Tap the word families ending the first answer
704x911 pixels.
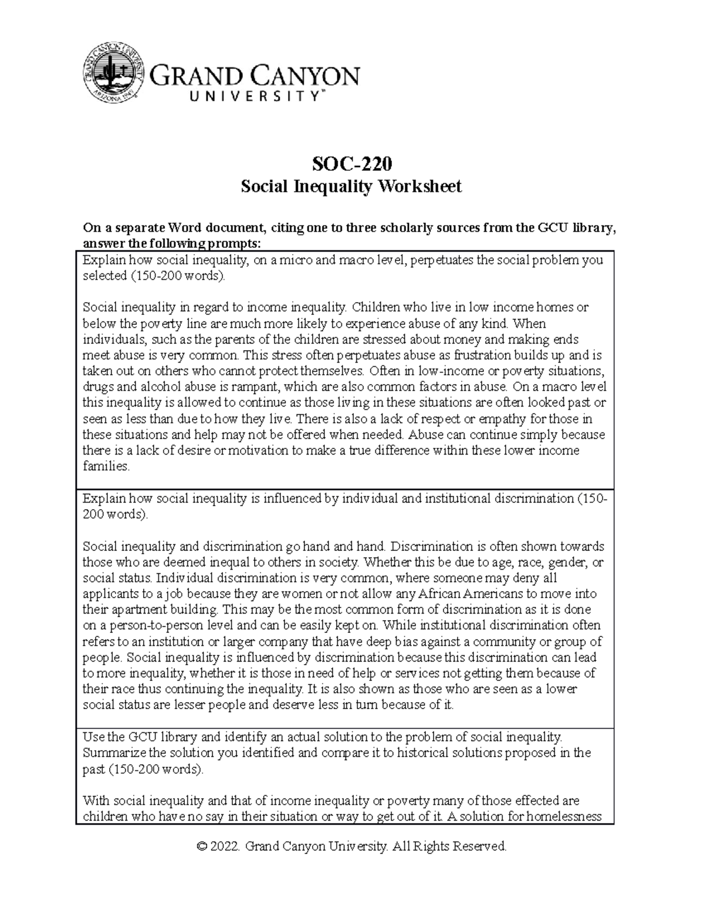(x=105, y=466)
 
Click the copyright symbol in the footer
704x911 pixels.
(x=203, y=846)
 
